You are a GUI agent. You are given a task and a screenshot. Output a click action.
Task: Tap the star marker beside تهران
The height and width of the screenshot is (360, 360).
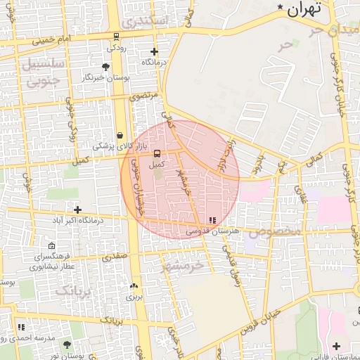point(281,8)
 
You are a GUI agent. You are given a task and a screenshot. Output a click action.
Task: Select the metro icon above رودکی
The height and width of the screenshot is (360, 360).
point(115,37)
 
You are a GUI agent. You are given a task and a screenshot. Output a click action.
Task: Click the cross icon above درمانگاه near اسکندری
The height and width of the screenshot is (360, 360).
point(154,51)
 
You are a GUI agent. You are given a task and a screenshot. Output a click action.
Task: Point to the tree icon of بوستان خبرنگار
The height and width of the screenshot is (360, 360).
point(105,67)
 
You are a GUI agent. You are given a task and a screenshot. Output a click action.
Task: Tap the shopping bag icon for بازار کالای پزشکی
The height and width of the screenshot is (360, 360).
point(120,135)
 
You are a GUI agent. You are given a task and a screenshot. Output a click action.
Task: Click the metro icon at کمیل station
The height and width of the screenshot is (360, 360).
point(156,153)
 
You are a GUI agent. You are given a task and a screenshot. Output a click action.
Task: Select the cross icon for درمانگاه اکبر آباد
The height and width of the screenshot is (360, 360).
point(77,210)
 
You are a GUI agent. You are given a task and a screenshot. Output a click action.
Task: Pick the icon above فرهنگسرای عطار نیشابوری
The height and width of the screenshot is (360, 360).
point(52,245)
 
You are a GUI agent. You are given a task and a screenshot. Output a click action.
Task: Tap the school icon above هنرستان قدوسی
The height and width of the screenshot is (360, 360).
point(213,221)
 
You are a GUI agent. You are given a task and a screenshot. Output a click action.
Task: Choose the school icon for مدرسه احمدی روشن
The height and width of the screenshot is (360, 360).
point(21,327)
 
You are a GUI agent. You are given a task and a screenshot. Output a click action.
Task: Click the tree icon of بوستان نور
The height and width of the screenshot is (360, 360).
point(67,345)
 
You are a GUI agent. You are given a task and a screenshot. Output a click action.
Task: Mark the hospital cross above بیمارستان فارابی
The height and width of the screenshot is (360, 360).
point(336,345)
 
